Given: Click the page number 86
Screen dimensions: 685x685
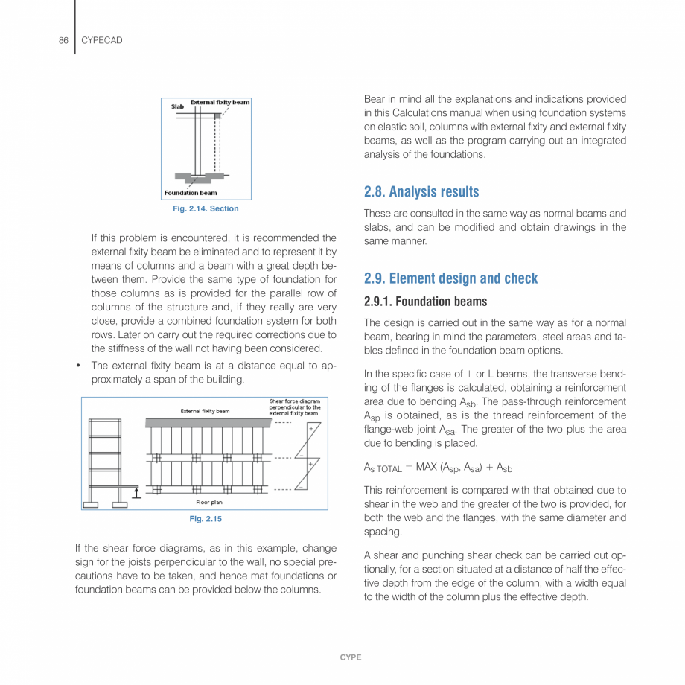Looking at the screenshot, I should pos(63,40).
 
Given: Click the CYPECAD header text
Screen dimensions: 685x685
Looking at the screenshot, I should pos(101,40).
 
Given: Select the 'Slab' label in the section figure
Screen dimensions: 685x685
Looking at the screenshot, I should pos(177,106).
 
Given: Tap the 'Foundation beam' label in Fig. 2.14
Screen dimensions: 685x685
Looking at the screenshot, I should pos(191,193).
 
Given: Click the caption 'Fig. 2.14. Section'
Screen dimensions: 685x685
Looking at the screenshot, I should pos(205,208).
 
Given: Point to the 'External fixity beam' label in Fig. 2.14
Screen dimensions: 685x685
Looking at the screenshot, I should pos(220,102).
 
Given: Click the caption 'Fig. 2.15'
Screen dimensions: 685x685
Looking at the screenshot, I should pos(205,519).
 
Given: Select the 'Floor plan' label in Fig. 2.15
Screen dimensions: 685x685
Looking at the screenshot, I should pos(209,503).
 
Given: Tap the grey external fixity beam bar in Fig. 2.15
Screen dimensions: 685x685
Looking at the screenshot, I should pos(208,422).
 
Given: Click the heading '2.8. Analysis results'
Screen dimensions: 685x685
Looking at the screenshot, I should pos(421,191).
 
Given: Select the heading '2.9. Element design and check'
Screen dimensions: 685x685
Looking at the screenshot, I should pos(450,278).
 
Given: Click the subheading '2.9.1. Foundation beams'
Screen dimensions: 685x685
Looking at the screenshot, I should pos(425,302).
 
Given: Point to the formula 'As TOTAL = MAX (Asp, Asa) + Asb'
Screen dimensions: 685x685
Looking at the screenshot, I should pos(438,468).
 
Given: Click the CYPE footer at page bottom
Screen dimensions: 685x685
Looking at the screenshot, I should pos(351,657).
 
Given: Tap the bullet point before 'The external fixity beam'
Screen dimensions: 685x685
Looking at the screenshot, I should pos(78,366).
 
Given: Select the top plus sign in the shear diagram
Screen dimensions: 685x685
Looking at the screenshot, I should pos(311,430).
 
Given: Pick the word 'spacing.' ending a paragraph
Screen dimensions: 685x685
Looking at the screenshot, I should pos(383,532).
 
